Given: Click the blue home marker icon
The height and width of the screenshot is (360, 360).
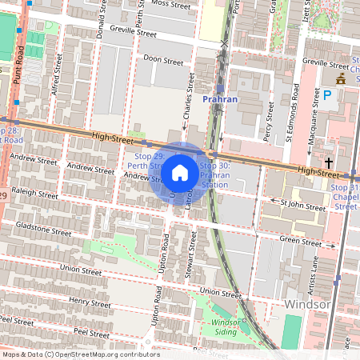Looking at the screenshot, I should pos(180,172).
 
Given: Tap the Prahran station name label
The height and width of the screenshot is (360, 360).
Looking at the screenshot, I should pos(221,99).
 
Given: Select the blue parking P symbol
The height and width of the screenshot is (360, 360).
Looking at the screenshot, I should pos(326,94).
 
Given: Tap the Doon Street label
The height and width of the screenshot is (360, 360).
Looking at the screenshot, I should pos(158,60).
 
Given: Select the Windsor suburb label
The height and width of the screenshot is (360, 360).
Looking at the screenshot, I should pos(307,305).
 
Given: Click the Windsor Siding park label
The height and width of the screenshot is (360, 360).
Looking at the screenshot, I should pos(224,326).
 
